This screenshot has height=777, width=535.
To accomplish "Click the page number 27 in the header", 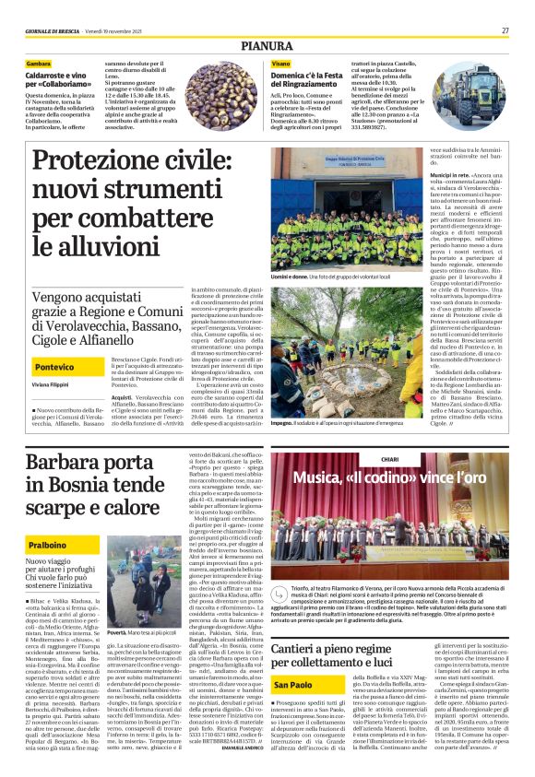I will [x=505, y=30].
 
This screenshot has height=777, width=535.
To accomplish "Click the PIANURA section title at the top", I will [x=267, y=43].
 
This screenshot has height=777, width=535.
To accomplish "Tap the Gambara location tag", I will [x=40, y=63].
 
